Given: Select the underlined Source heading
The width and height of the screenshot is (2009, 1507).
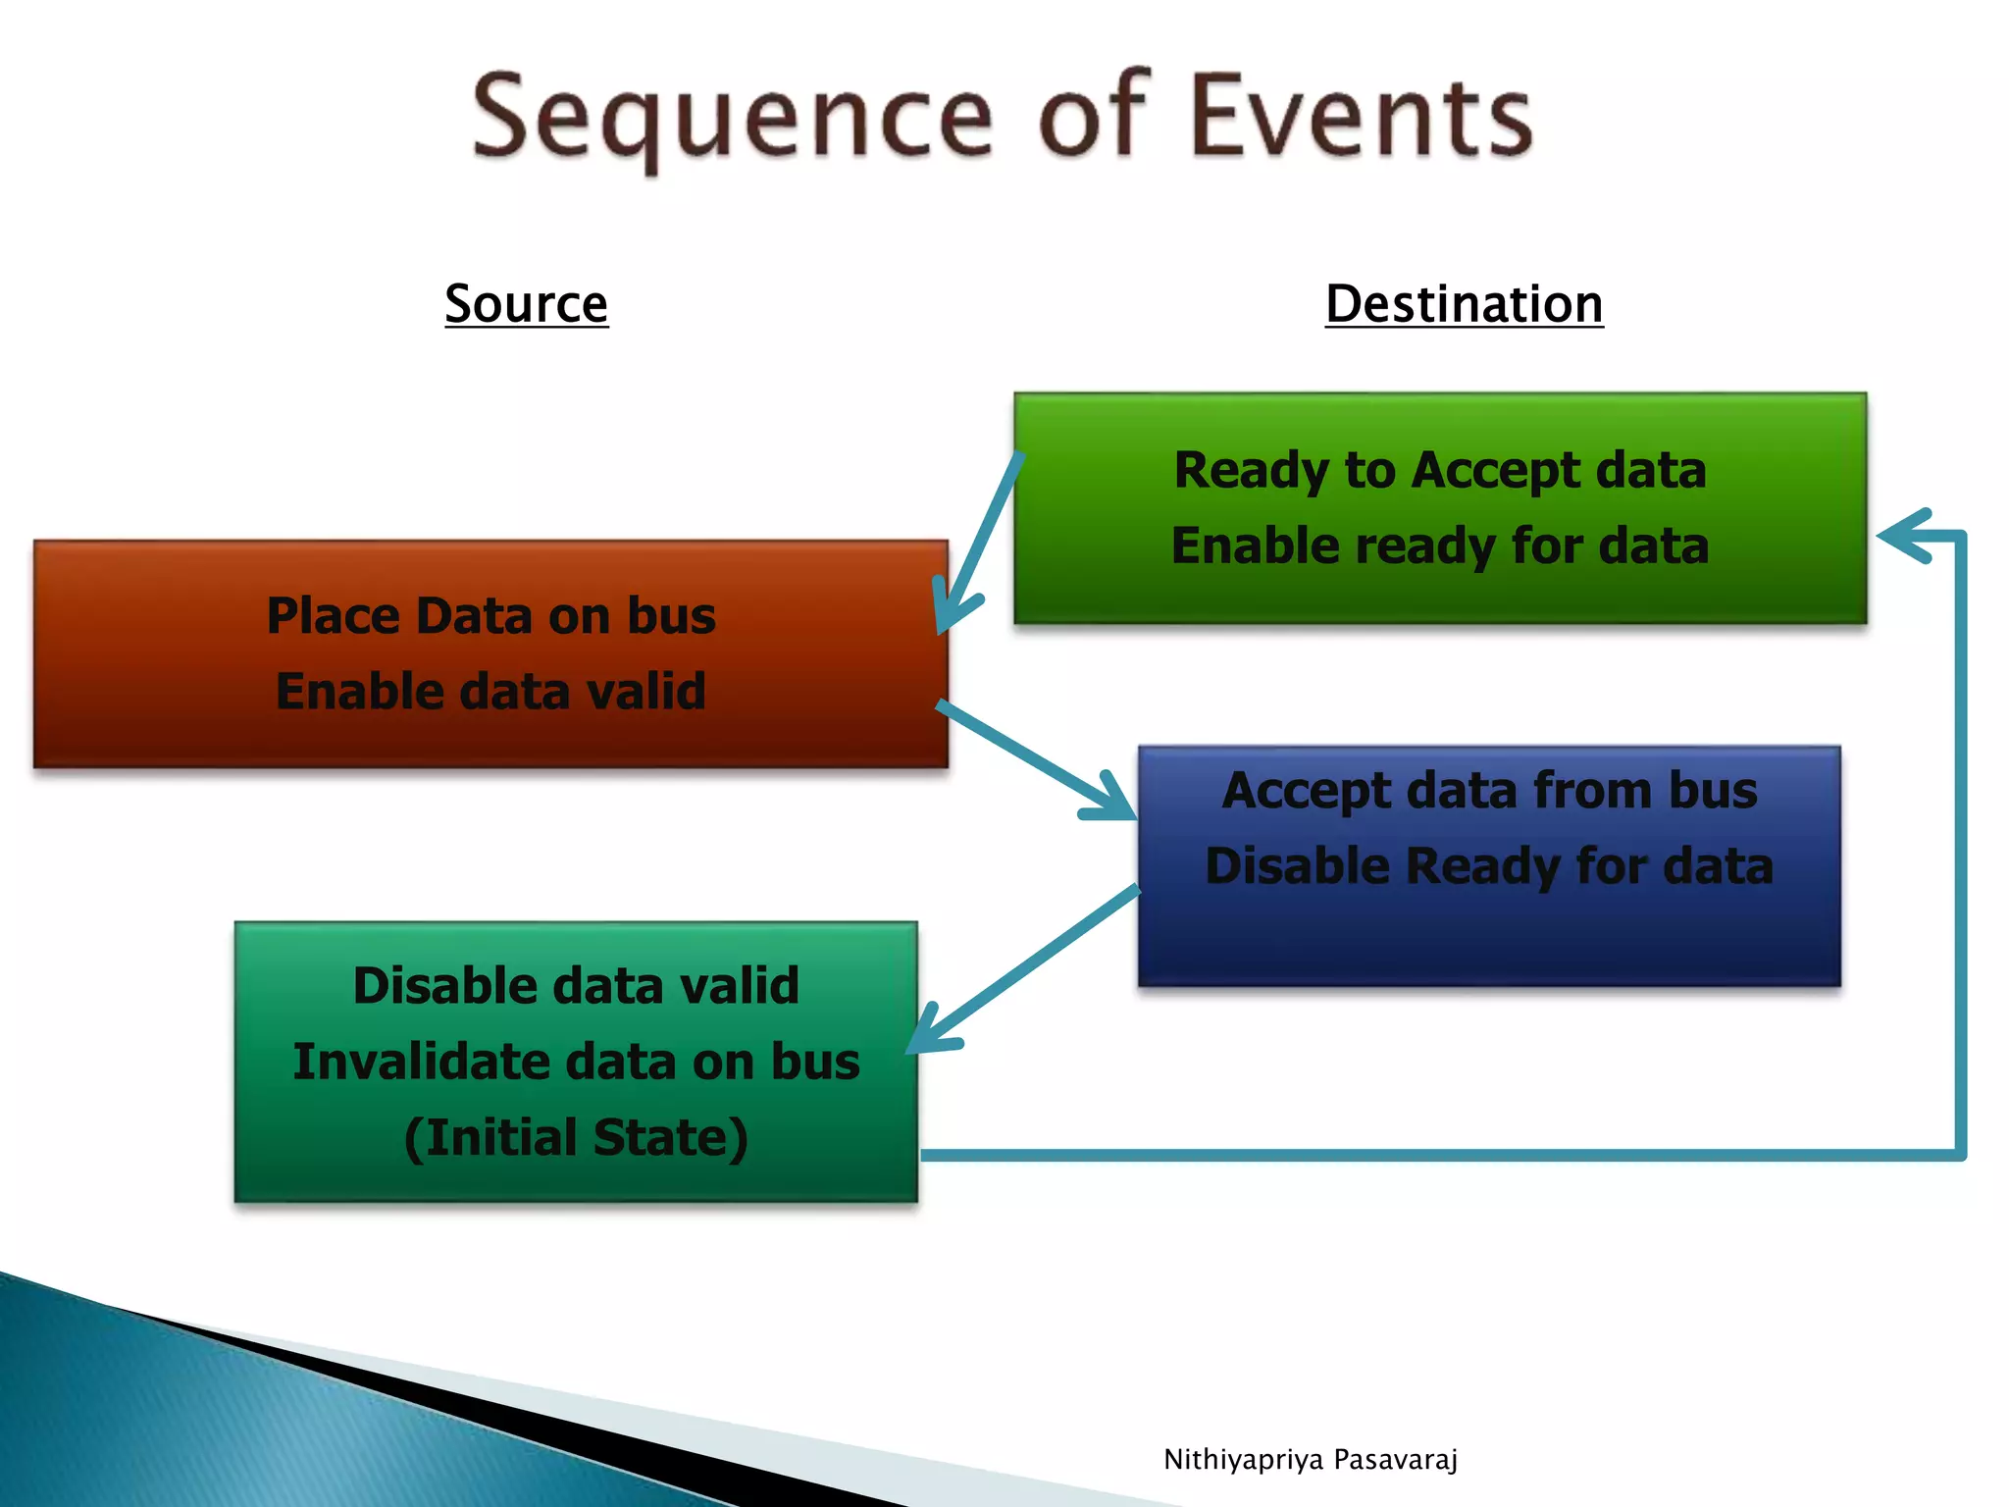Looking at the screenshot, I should [527, 303].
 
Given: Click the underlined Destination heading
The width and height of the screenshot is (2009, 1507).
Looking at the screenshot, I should [1464, 303].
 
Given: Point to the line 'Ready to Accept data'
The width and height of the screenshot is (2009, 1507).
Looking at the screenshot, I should [1440, 470].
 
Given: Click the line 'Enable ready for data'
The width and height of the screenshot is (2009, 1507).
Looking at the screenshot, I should [1440, 546].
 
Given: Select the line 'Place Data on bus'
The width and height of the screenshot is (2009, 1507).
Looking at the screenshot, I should [490, 616].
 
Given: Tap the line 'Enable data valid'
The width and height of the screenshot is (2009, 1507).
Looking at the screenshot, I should [490, 691].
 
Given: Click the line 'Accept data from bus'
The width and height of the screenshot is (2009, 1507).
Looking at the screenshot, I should [1489, 791].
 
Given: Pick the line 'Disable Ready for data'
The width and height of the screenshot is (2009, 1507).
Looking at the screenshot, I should [1489, 866].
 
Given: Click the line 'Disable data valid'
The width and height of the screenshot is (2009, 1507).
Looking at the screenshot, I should [576, 985].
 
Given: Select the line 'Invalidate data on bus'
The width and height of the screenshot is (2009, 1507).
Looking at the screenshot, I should [576, 1062].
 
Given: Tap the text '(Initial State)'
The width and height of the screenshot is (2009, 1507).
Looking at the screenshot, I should [576, 1137].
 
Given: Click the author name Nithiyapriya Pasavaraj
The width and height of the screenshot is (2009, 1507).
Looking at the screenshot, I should [1311, 1460].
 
